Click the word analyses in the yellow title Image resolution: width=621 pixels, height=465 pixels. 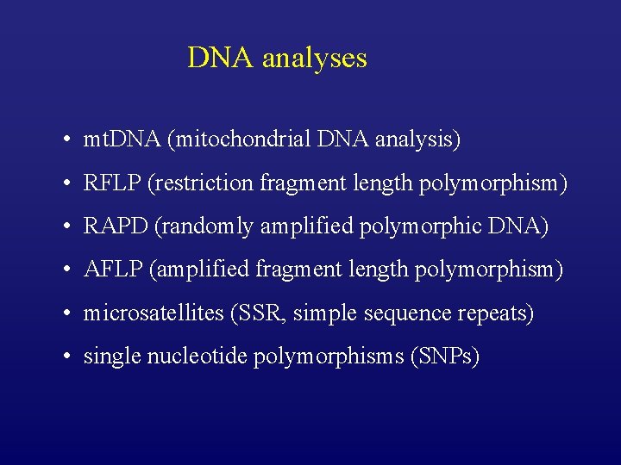314,59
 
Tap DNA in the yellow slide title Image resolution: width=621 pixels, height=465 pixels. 222,58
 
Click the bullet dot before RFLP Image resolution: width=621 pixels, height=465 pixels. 66,183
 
